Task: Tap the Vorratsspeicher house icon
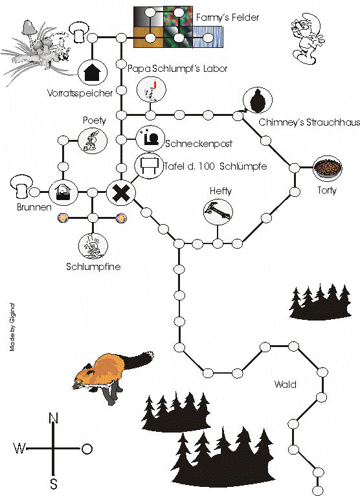[93, 73]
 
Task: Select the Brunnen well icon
[63, 192]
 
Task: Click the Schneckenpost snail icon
[150, 139]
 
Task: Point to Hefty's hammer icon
[218, 212]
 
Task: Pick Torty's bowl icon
[328, 168]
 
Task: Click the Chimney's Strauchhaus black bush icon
[258, 100]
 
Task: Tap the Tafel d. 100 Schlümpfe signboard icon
[149, 165]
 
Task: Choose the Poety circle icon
[93, 141]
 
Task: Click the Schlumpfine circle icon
[93, 246]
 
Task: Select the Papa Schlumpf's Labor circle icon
[152, 89]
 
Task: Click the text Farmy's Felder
[227, 17]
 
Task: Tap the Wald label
[286, 385]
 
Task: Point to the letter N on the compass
[54, 418]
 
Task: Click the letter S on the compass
[54, 484]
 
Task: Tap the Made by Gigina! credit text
[12, 327]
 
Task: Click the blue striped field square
[208, 37]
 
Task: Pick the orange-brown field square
[149, 37]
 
